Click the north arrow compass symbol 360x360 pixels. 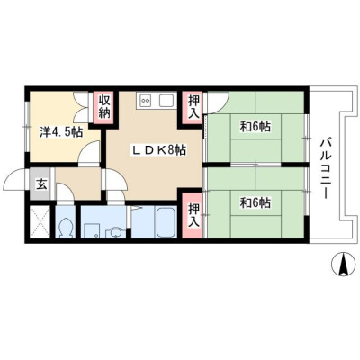click(343, 265)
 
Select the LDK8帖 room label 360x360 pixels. click(158, 150)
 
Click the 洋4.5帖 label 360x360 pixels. click(61, 132)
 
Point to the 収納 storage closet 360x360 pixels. click(104, 107)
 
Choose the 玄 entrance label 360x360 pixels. click(41, 184)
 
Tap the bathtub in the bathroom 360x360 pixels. click(166, 222)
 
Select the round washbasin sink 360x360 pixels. click(115, 232)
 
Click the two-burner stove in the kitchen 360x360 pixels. click(146, 100)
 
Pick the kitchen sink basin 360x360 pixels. click(166, 100)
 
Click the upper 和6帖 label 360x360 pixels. click(255, 127)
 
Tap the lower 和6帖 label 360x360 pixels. click(255, 203)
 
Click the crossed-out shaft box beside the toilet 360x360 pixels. click(40, 222)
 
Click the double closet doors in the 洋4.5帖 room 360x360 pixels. click(81, 107)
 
